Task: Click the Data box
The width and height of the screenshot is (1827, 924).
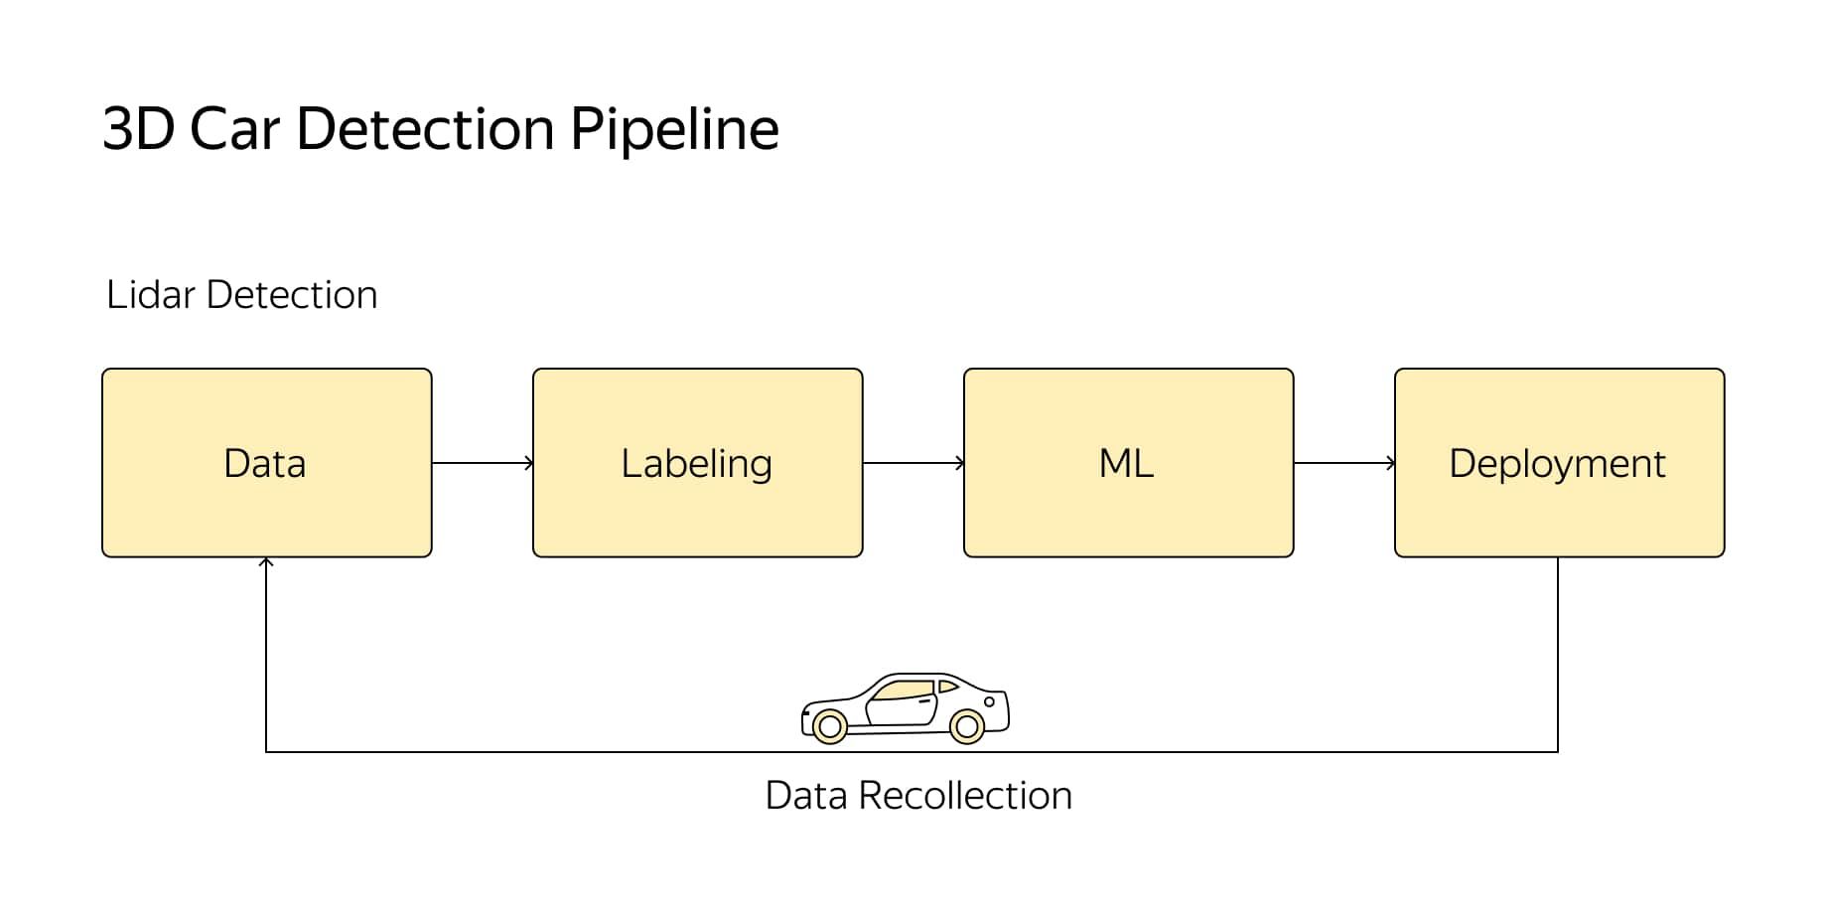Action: (x=266, y=463)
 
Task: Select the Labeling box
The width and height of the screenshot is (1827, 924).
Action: (x=697, y=463)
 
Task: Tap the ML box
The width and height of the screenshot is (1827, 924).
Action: (x=1128, y=463)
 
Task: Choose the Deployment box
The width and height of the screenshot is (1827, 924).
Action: (x=1559, y=463)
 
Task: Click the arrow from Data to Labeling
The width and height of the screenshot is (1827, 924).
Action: (x=483, y=463)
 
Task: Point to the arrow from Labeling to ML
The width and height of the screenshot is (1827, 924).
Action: (x=913, y=463)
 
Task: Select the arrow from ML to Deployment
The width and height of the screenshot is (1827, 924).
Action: (x=1344, y=463)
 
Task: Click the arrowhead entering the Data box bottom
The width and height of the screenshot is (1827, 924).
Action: (x=266, y=562)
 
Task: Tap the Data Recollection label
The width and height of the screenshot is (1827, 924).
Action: (x=918, y=796)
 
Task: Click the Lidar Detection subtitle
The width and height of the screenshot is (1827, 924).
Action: (x=241, y=295)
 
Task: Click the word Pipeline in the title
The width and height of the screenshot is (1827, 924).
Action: (x=674, y=130)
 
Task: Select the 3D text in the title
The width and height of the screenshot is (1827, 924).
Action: (x=138, y=129)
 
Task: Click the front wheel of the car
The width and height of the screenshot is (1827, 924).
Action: (x=829, y=727)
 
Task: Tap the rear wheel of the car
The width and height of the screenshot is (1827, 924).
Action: (x=966, y=727)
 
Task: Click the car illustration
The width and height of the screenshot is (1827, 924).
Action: (x=906, y=707)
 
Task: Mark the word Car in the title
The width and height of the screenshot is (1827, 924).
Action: (x=234, y=129)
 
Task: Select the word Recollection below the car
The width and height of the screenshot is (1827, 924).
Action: (x=965, y=796)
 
